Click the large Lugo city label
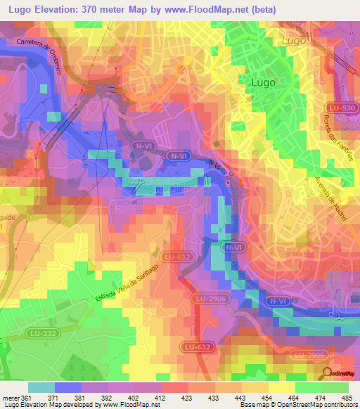coord(263,82)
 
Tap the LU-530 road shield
coord(339,106)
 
